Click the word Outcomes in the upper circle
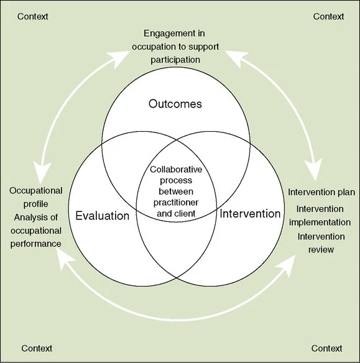pos(175,104)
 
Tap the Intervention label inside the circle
pos(250,214)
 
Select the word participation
pos(180,60)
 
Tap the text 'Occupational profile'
pos(36,198)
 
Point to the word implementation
pos(321,223)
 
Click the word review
pos(321,250)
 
